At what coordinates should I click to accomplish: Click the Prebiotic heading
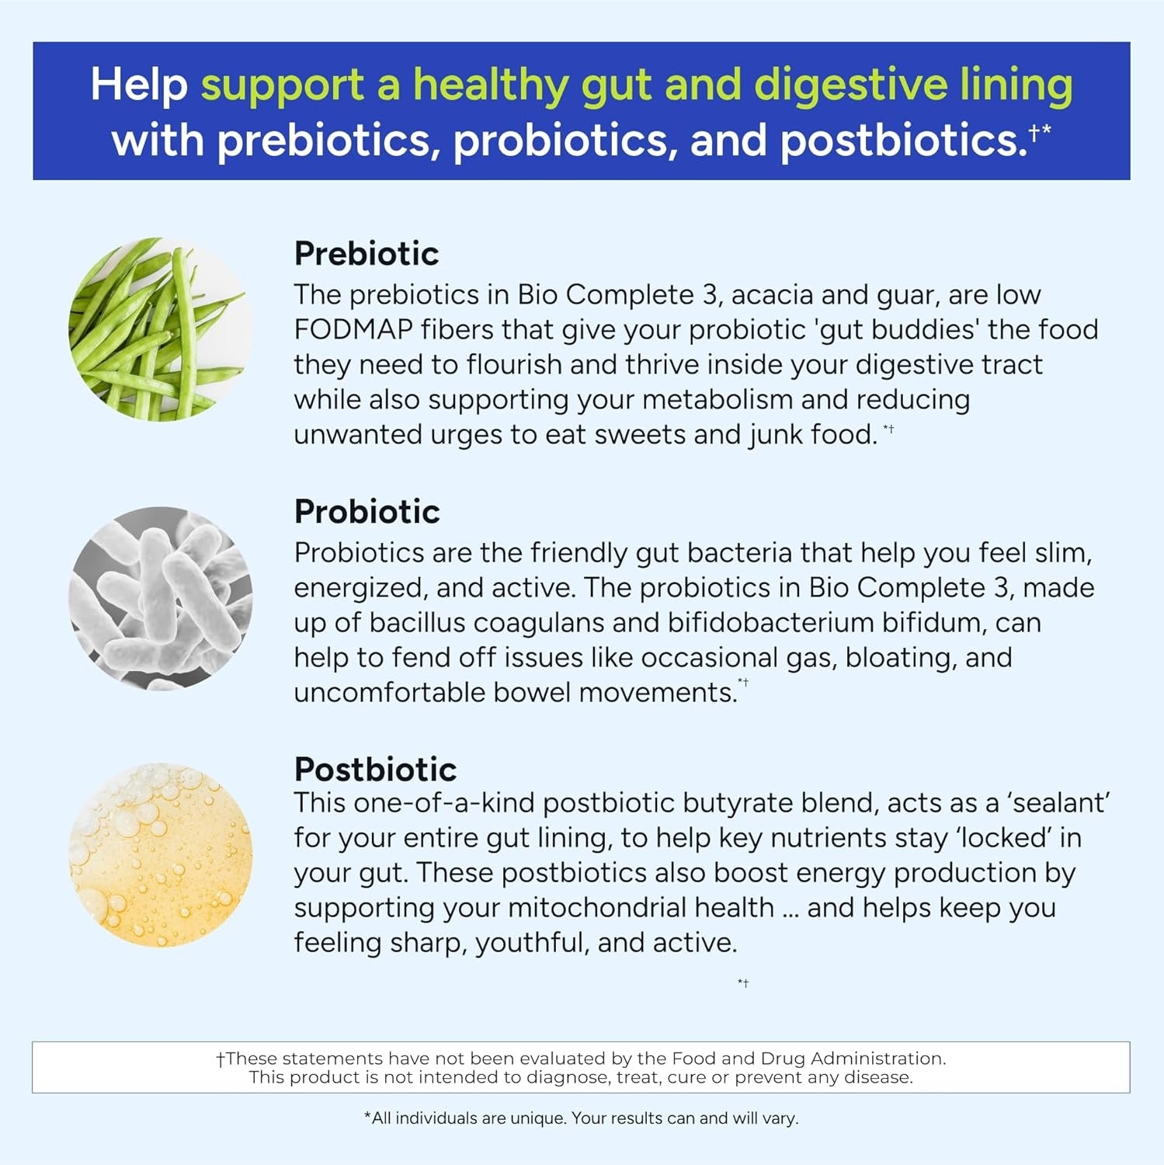[x=367, y=254]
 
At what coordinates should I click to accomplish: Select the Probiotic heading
[x=367, y=512]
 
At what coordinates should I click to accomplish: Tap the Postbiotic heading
[x=375, y=770]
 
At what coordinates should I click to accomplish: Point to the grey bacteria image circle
[x=161, y=599]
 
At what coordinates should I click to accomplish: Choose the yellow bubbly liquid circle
[x=161, y=855]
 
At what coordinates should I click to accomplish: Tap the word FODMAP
[x=353, y=330]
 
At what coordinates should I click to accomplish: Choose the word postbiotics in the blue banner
[x=903, y=141]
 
